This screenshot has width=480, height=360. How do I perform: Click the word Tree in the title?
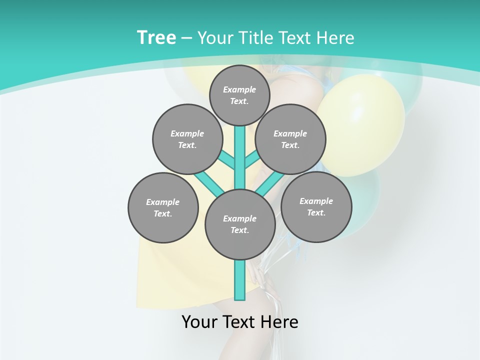point(156,37)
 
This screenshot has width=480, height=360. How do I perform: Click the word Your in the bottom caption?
point(200,322)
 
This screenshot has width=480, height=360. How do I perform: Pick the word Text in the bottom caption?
point(237,322)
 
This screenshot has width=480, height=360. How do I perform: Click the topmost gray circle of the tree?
point(239,95)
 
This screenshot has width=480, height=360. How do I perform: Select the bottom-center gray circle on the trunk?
point(240,224)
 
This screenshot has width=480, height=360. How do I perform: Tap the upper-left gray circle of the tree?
point(187,139)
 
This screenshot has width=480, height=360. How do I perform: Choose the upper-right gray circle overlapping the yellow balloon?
point(290,139)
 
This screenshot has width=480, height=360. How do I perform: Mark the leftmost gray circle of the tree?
point(163,207)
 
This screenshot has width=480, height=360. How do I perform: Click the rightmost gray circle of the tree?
point(316,206)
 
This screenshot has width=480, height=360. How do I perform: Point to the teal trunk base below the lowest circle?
point(240,280)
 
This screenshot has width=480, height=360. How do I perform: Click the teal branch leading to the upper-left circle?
point(227,161)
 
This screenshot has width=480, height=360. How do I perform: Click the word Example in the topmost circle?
point(239,89)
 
